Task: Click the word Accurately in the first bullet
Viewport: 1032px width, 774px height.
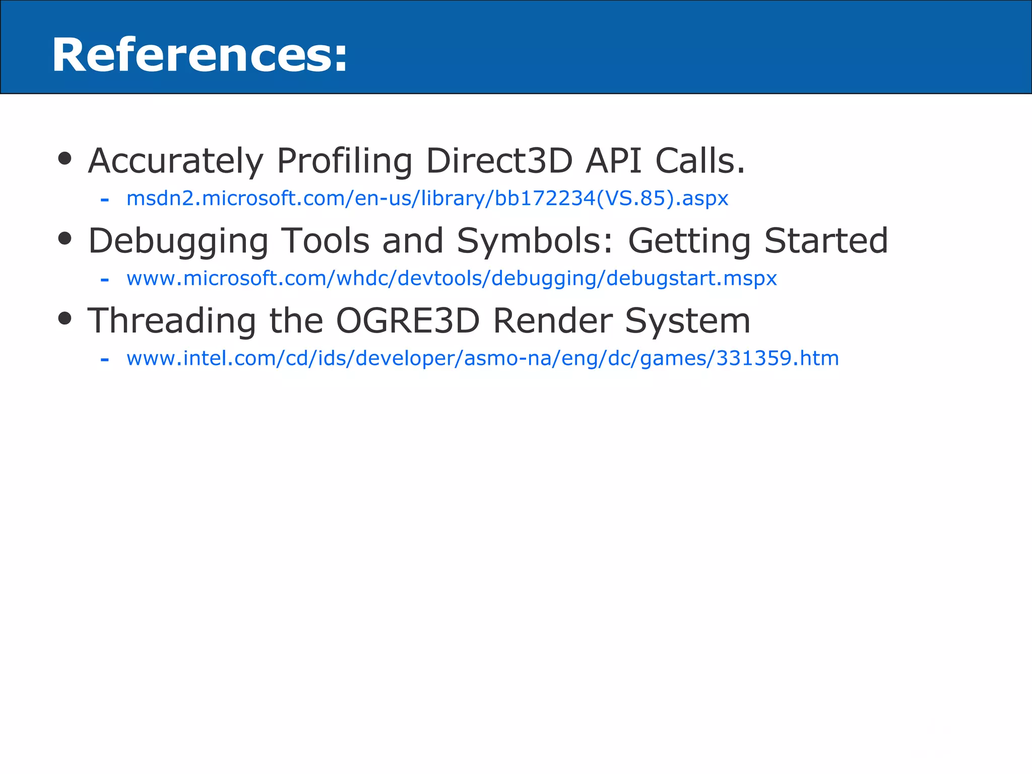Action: click(175, 161)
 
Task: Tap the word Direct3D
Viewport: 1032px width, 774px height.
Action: click(499, 161)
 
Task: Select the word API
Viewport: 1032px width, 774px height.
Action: click(613, 161)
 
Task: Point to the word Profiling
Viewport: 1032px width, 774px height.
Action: click(345, 161)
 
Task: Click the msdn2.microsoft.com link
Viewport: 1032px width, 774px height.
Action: click(427, 199)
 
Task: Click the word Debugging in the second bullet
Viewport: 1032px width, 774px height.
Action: click(178, 241)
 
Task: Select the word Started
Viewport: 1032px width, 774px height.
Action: click(826, 241)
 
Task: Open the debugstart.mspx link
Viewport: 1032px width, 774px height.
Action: click(451, 278)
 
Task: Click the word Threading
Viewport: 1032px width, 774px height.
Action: click(172, 321)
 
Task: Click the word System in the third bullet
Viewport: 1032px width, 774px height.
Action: click(688, 321)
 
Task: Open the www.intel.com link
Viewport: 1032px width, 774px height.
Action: click(482, 358)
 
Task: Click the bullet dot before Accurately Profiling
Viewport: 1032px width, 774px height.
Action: click(65, 159)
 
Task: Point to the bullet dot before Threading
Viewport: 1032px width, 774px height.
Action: click(65, 318)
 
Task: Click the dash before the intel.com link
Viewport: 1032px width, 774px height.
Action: click(105, 360)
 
